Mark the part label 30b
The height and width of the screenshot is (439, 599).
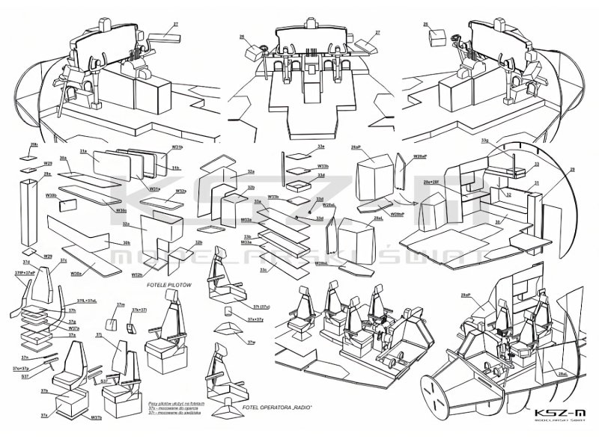click(x=126, y=243)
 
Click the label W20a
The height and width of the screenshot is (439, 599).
click(x=77, y=273)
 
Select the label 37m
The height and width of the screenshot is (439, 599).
click(x=120, y=305)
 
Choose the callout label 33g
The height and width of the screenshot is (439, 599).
click(x=484, y=140)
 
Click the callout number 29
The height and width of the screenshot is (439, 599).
click(x=571, y=170)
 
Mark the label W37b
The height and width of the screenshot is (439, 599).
click(x=96, y=417)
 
